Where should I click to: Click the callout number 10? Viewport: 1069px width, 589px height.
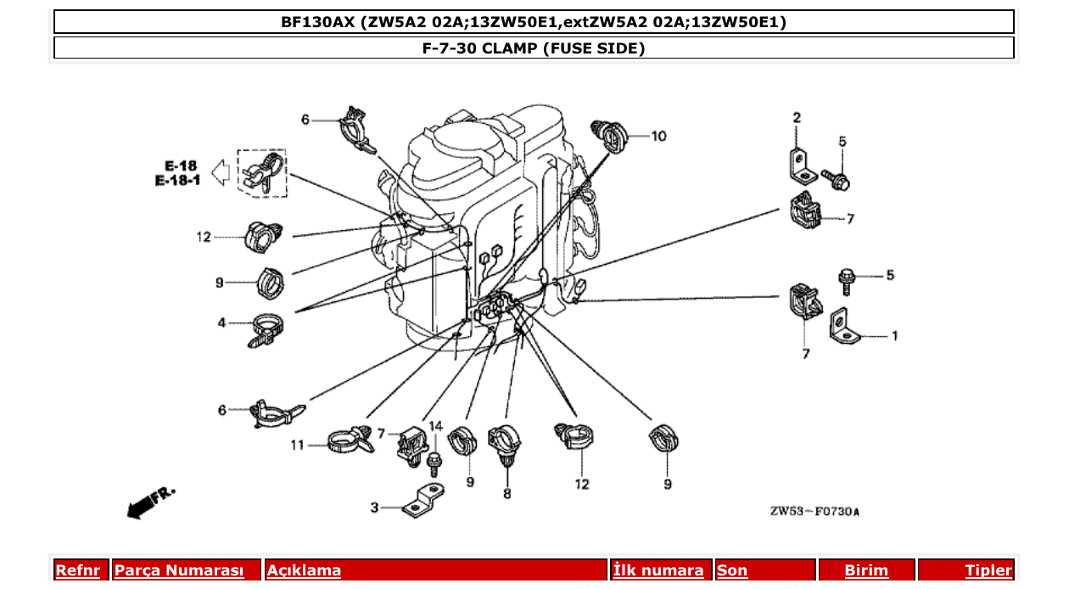pyautogui.click(x=658, y=136)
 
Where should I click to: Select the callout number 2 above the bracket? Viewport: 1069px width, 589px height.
pyautogui.click(x=797, y=117)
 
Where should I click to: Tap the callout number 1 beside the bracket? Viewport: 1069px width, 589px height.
pyautogui.click(x=894, y=336)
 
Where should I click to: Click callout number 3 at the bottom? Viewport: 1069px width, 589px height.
pyautogui.click(x=374, y=508)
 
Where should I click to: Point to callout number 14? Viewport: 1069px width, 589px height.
pyautogui.click(x=435, y=425)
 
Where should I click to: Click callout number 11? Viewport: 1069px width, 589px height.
pyautogui.click(x=297, y=444)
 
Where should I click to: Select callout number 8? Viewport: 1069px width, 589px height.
pyautogui.click(x=507, y=492)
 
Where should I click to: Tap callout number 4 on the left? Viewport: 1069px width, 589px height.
pyautogui.click(x=221, y=323)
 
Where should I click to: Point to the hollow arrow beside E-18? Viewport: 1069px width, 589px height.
pyautogui.click(x=220, y=173)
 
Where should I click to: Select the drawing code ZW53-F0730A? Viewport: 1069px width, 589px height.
pyautogui.click(x=814, y=512)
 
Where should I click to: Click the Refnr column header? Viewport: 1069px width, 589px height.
pyautogui.click(x=77, y=571)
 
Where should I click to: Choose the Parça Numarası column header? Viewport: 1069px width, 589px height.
pyautogui.click(x=179, y=571)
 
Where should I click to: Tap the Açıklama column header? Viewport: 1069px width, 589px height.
pyautogui.click(x=304, y=571)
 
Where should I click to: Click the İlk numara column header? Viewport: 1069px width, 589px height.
pyautogui.click(x=658, y=571)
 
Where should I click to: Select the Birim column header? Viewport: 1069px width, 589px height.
pyautogui.click(x=866, y=571)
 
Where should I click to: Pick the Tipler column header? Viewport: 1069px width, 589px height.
pyautogui.click(x=988, y=571)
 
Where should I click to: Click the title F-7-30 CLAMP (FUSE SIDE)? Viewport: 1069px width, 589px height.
pyautogui.click(x=534, y=48)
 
